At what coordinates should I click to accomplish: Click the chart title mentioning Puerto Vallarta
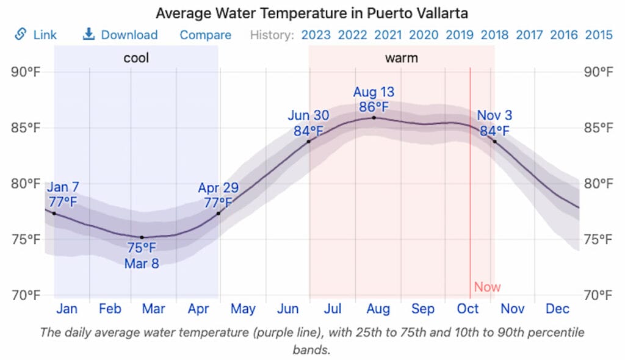(x=312, y=13)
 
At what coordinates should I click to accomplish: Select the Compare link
(x=205, y=35)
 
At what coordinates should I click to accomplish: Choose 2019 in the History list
(x=459, y=35)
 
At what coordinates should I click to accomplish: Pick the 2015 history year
(x=599, y=35)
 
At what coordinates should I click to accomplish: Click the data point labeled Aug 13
(x=374, y=118)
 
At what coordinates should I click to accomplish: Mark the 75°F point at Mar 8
(x=142, y=237)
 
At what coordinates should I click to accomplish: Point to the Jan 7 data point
(x=54, y=214)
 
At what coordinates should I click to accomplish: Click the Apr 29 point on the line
(x=218, y=213)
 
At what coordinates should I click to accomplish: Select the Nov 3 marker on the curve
(x=494, y=142)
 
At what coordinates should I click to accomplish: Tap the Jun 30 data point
(x=309, y=142)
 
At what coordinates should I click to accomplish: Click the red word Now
(x=487, y=287)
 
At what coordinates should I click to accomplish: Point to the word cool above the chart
(x=136, y=59)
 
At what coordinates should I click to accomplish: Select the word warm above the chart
(x=401, y=59)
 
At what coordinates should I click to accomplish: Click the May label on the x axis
(x=243, y=309)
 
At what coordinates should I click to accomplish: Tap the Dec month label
(x=557, y=309)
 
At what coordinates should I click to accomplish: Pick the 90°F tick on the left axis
(x=26, y=73)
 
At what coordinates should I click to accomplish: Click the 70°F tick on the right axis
(x=598, y=295)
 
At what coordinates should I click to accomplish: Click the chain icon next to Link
(x=21, y=34)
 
